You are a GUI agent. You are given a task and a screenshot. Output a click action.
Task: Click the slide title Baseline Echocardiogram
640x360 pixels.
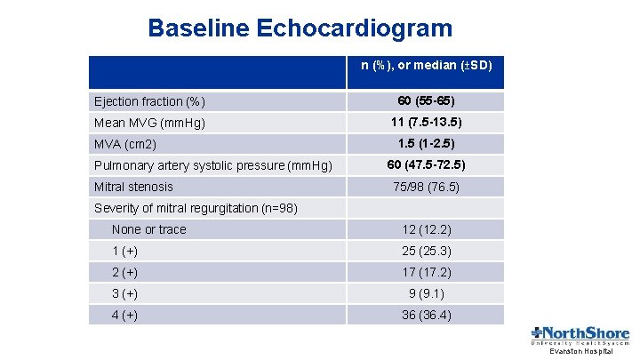(300, 28)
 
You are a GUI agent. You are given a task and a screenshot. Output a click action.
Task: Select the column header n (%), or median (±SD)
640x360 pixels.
(426, 66)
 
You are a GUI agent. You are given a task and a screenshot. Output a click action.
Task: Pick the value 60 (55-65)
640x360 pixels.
(426, 100)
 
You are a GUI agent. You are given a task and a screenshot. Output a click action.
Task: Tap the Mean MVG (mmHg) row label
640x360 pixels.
(149, 123)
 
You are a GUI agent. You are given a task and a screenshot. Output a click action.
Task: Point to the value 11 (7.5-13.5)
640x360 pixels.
(426, 122)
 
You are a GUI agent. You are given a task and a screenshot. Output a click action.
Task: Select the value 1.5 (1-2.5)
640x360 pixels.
(426, 143)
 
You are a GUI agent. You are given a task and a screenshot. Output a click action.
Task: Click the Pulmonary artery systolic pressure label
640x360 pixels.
(213, 165)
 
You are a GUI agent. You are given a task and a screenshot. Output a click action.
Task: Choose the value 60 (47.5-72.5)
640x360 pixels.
(426, 164)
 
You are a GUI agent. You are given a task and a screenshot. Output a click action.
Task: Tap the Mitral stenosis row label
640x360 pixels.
(133, 187)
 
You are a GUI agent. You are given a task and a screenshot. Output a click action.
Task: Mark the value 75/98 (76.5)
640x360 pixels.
(426, 187)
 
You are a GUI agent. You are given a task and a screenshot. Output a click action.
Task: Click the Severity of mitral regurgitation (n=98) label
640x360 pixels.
(196, 208)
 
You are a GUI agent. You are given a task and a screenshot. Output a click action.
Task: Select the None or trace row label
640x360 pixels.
(149, 229)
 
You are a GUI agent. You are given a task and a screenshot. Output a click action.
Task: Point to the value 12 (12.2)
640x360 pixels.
(426, 229)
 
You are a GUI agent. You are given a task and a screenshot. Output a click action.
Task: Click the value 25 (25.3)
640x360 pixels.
(426, 251)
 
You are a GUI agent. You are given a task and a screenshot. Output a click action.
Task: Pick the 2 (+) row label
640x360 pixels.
(124, 272)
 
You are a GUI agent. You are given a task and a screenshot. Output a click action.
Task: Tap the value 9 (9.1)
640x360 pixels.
(426, 293)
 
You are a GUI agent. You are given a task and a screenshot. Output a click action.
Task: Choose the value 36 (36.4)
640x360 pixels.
(426, 315)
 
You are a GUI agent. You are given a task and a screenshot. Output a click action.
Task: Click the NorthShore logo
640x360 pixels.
(580, 337)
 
